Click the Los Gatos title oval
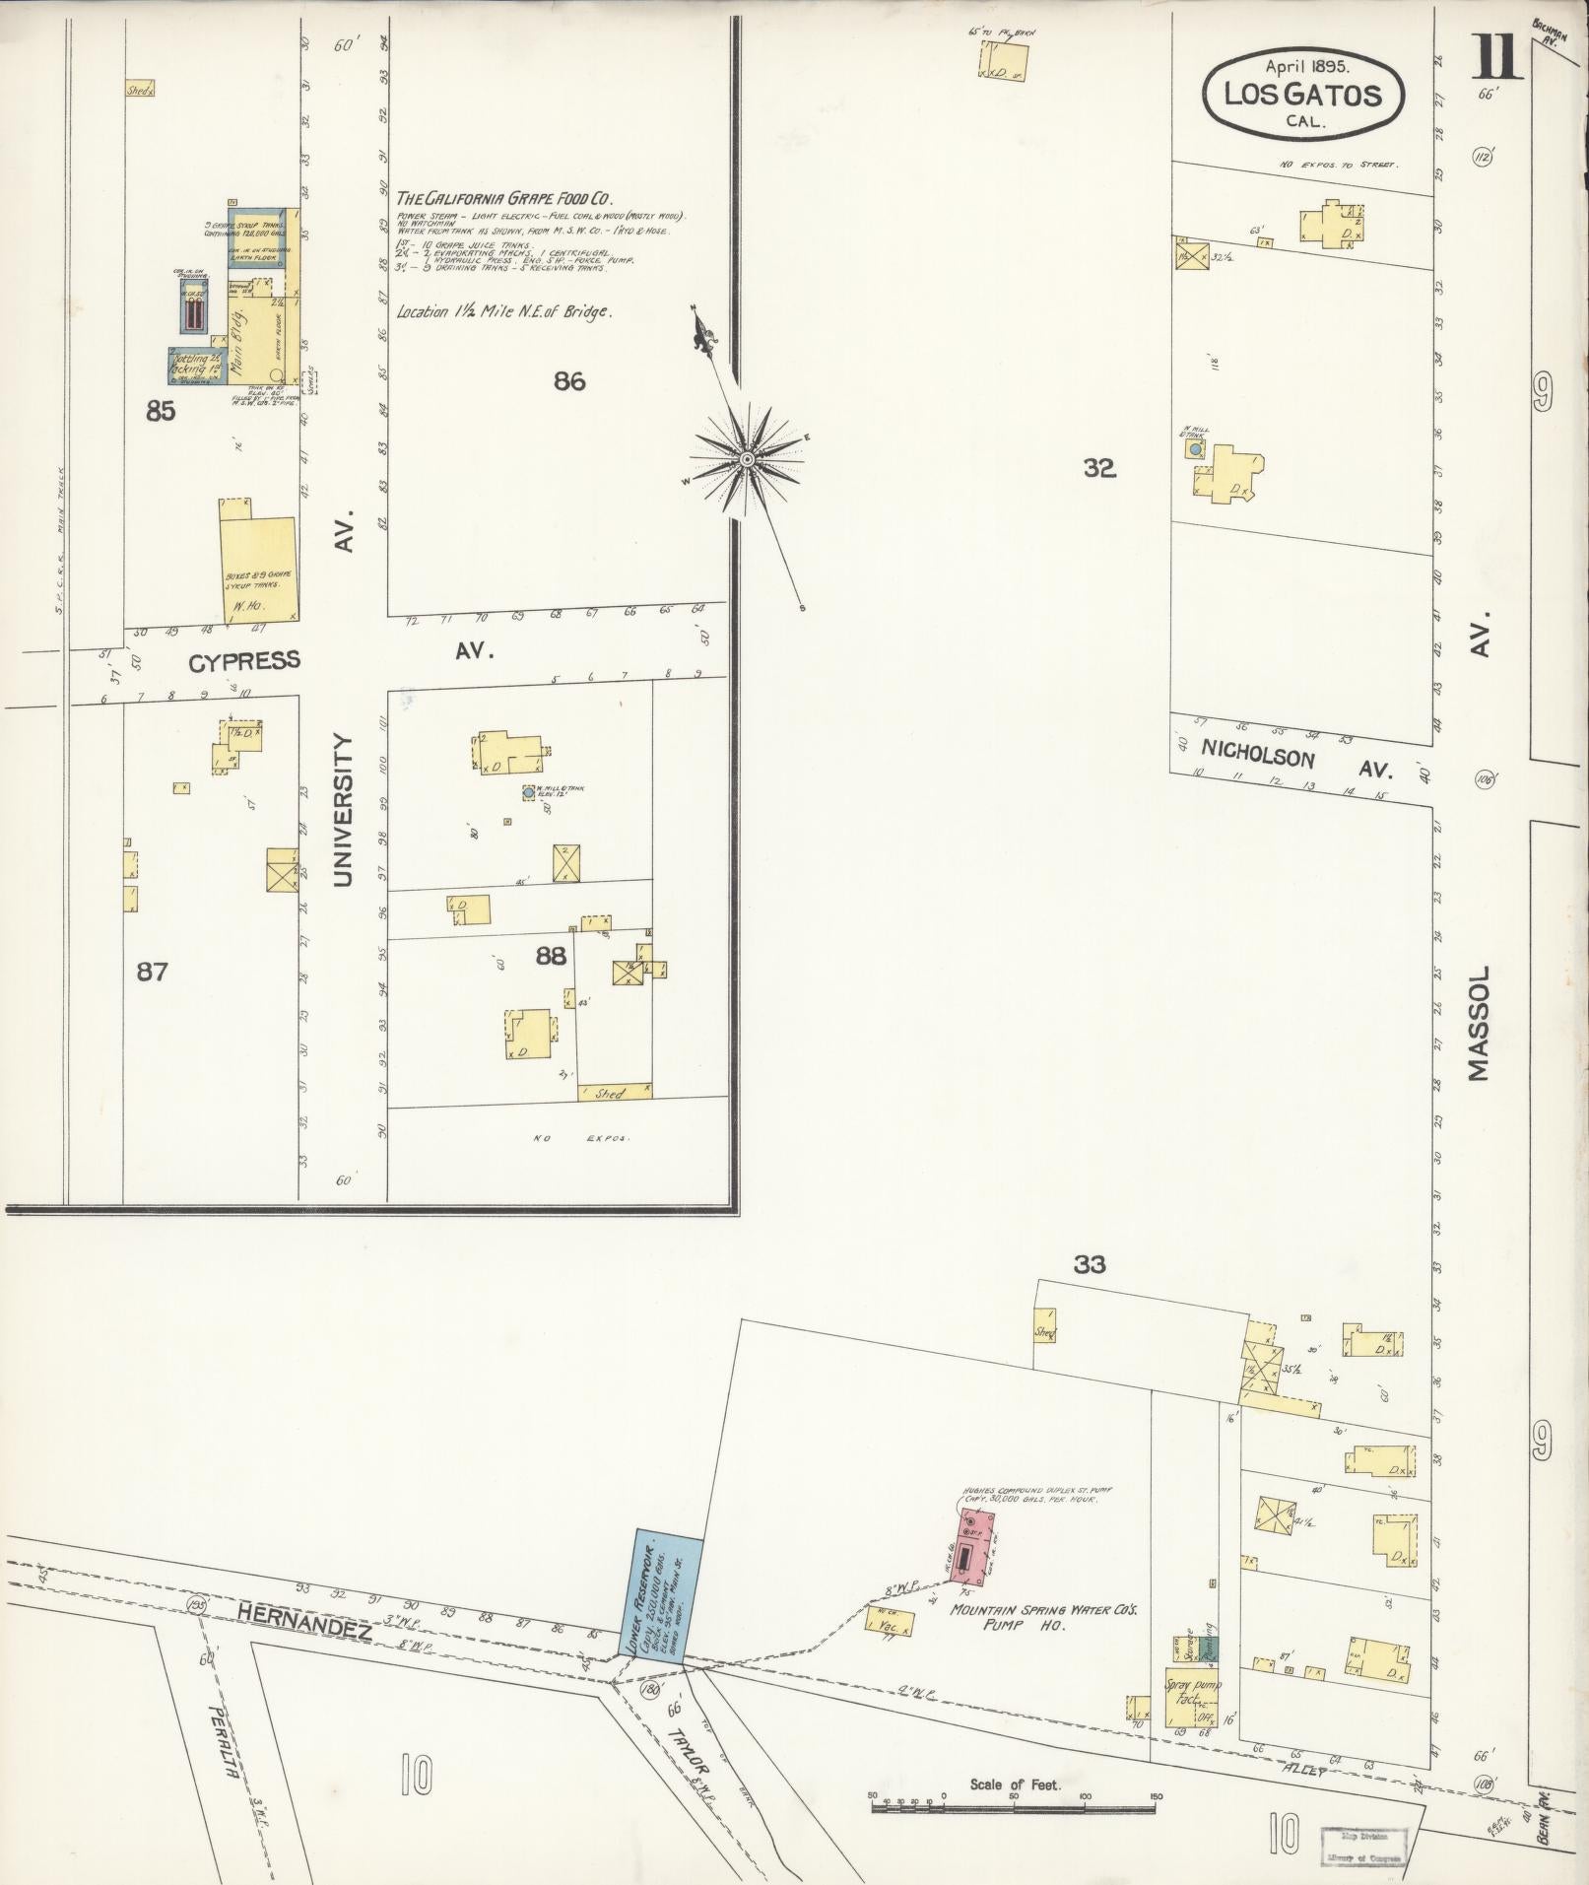coord(1301,95)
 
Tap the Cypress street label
coord(243,661)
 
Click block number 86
coord(569,381)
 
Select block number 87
coord(152,973)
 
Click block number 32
coord(1098,469)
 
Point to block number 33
coord(1090,1264)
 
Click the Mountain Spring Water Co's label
coord(1029,1609)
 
